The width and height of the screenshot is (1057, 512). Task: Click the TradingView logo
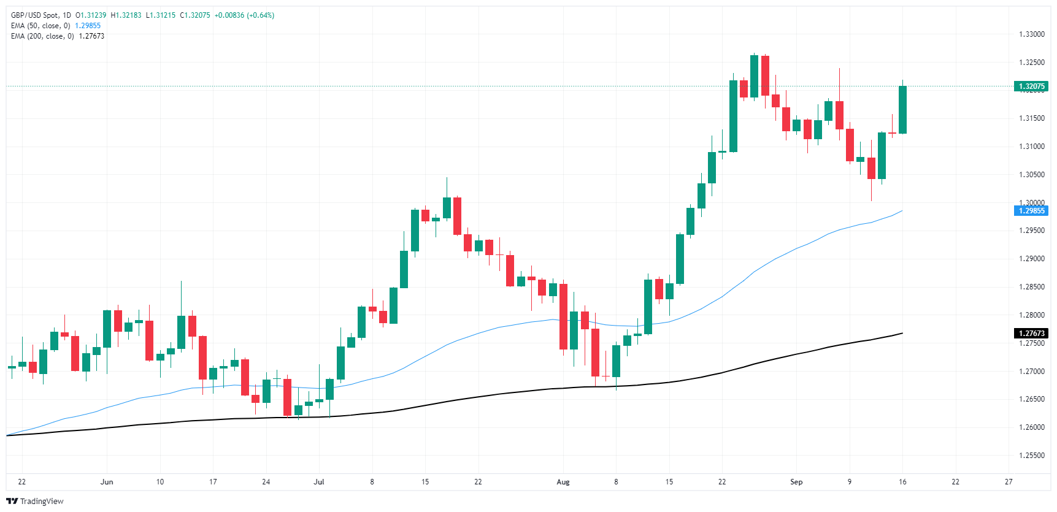coord(35,501)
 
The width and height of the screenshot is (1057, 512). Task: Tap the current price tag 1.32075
coord(1031,86)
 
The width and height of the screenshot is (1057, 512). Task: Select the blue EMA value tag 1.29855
coord(1031,211)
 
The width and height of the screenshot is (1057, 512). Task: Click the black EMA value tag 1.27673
coord(1031,334)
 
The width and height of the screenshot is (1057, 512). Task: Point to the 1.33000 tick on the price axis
coord(1031,34)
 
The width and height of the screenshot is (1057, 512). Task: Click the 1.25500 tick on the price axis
coord(1031,456)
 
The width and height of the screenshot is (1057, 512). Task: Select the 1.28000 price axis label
coord(1031,315)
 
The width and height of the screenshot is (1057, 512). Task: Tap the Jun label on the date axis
coord(107,482)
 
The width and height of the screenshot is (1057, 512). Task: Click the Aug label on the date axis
coord(563,482)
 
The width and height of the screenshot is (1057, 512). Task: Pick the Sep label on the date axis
coord(796,482)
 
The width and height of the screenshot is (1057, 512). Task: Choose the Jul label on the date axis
coord(318,482)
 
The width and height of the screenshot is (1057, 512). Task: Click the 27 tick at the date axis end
coord(1009,482)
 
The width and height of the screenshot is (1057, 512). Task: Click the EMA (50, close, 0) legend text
coord(40,26)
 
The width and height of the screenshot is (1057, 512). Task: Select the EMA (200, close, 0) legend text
coord(42,36)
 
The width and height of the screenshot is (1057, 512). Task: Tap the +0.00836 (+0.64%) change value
coord(244,15)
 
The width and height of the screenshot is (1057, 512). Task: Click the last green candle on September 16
coord(902,109)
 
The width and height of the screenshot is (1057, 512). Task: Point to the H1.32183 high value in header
coord(126,15)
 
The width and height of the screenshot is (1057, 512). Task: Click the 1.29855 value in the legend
coord(88,26)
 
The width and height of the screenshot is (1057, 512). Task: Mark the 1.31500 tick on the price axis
coord(1031,118)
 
